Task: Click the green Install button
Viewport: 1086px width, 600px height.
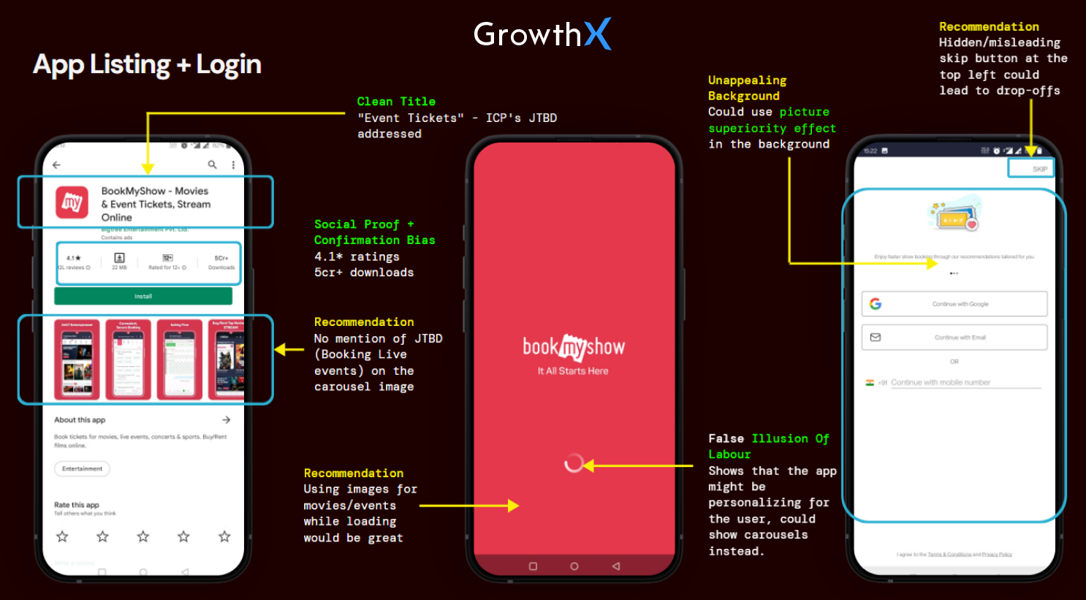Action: (x=143, y=296)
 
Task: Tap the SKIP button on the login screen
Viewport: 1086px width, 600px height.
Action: (x=1039, y=169)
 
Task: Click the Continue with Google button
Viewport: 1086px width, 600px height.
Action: (x=954, y=304)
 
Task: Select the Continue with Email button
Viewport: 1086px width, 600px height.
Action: (x=954, y=338)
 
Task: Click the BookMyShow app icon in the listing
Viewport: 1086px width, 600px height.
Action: (x=72, y=202)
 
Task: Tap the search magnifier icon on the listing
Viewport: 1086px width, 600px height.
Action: (x=212, y=165)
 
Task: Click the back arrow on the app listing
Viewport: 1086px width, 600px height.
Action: (x=57, y=165)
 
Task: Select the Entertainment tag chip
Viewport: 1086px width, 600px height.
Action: (x=82, y=468)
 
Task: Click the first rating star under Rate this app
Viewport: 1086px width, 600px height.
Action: (x=63, y=537)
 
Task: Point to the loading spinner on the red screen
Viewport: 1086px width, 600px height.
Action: (x=574, y=463)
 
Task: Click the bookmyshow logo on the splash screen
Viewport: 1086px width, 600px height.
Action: (x=574, y=348)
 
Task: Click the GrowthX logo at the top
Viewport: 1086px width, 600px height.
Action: (x=542, y=34)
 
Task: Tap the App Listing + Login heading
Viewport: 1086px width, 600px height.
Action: (x=147, y=64)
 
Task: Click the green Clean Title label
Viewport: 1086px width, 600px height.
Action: (x=396, y=102)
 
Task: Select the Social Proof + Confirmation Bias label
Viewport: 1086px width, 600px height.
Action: (x=374, y=232)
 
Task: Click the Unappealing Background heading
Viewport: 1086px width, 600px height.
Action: (x=747, y=88)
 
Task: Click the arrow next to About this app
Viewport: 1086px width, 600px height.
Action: (x=227, y=420)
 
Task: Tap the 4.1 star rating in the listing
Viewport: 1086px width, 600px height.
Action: (x=74, y=258)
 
